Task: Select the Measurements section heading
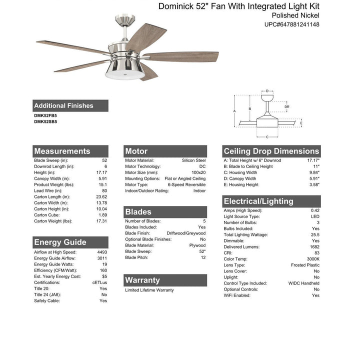click(x=62, y=151)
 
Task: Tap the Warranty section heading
click(x=142, y=280)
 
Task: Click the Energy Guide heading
click(x=60, y=242)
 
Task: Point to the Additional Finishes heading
click(x=63, y=105)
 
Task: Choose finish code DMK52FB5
click(x=45, y=116)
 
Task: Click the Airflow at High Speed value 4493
click(x=102, y=252)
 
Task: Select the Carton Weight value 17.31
click(x=101, y=221)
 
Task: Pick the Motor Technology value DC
click(x=202, y=166)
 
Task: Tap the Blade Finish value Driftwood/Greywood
click(x=186, y=233)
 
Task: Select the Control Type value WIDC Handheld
click(x=304, y=283)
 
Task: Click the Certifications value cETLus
click(x=99, y=283)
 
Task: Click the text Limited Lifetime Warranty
click(x=149, y=290)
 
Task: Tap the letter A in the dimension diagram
click(x=234, y=110)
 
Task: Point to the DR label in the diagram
click(x=286, y=106)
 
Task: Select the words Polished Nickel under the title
click(x=292, y=15)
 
